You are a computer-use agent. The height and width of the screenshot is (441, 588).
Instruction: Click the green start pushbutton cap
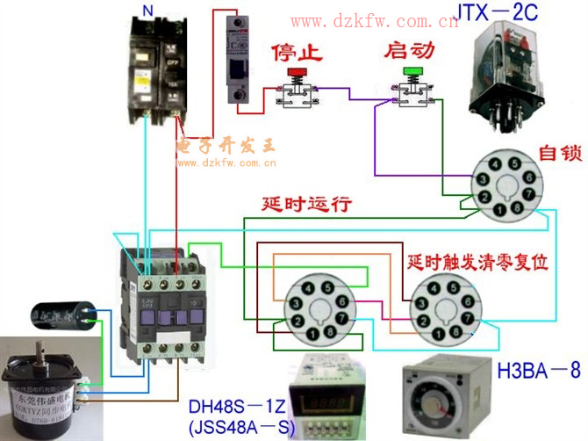point(411,72)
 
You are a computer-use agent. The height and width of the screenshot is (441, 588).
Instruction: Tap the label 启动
point(409,50)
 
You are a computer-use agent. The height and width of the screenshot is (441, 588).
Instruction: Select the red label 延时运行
point(307,204)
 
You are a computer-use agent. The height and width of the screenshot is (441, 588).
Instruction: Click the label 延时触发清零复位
point(478,262)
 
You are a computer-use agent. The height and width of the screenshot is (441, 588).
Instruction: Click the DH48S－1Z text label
point(233,408)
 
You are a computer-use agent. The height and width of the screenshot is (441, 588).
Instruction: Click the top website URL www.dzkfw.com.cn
point(374,21)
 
